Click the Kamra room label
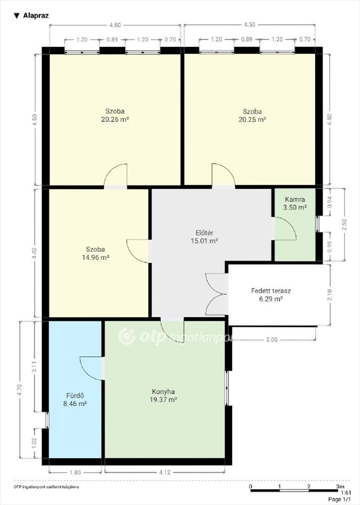(295, 199)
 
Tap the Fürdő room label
(75, 395)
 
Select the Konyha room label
(163, 392)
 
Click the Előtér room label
(204, 233)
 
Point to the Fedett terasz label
(271, 290)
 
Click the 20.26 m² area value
(115, 120)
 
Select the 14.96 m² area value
(95, 258)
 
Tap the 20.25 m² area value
(252, 120)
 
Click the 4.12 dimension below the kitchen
(165, 473)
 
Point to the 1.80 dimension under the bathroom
(75, 473)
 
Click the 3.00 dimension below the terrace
(272, 339)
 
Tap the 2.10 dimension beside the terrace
(329, 295)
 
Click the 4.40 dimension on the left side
(35, 253)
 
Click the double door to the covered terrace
(217, 294)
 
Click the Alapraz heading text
(36, 16)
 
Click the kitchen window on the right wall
(227, 388)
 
